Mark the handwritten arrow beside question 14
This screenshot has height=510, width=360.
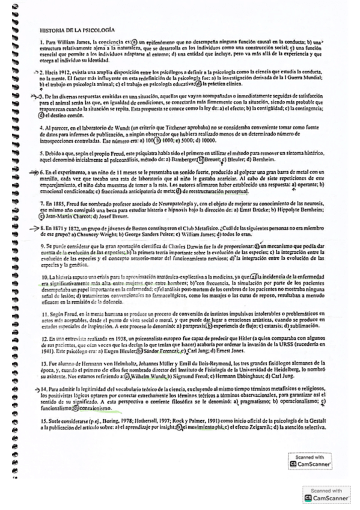(35, 389)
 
